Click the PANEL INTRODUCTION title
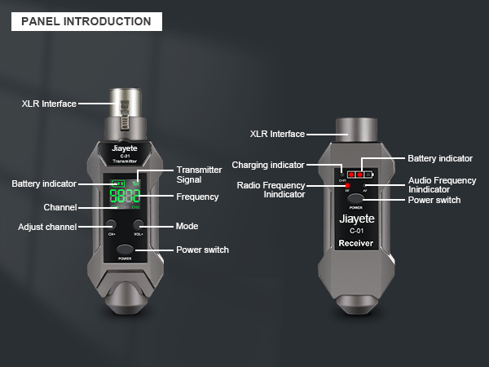click(x=86, y=21)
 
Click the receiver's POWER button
click(x=355, y=198)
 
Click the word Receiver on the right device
click(x=355, y=243)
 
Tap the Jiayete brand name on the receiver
click(x=355, y=219)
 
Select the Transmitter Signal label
click(x=199, y=175)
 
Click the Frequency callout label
click(x=197, y=197)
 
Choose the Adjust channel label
click(x=47, y=226)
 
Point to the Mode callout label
click(x=187, y=226)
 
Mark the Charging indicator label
click(x=268, y=165)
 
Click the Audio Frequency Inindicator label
click(x=442, y=184)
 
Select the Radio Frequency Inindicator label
click(x=271, y=189)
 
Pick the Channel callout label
click(x=60, y=208)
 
